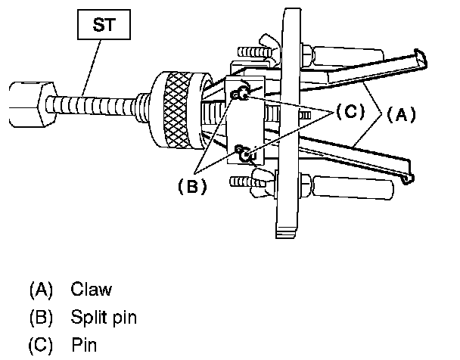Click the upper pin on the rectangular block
242,95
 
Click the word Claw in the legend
92,290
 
